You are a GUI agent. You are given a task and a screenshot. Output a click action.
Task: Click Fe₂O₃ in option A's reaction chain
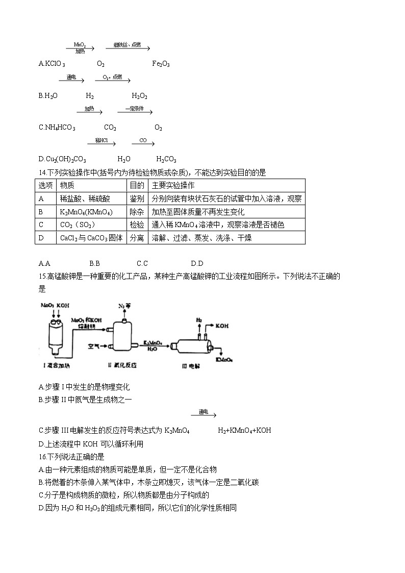click(x=161, y=64)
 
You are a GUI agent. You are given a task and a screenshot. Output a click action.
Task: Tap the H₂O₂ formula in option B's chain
click(x=139, y=96)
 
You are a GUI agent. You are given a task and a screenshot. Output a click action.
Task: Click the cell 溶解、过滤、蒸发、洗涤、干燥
click(x=201, y=238)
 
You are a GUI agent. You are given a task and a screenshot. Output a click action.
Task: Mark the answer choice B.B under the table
click(x=94, y=263)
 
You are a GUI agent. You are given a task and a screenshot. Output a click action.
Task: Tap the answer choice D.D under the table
click(x=197, y=263)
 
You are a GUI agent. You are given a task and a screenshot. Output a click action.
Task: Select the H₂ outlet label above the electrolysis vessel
click(x=199, y=320)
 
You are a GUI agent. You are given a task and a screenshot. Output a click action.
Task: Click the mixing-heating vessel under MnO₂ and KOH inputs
click(x=55, y=337)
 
